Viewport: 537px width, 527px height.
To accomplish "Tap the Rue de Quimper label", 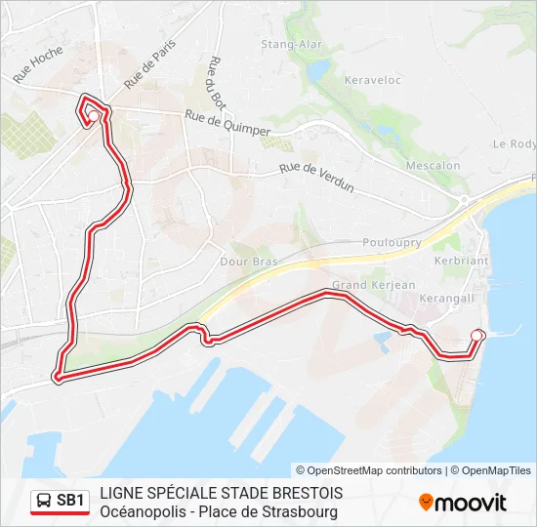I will tap(227, 121).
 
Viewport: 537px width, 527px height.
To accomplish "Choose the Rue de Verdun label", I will tap(316, 176).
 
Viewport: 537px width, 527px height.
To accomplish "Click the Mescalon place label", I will tap(433, 166).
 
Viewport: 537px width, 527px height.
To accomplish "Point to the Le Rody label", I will tap(515, 143).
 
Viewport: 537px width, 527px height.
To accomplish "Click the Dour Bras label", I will tap(250, 263).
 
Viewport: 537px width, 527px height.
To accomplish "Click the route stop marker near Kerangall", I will tap(476, 336).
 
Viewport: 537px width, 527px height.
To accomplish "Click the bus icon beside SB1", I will tap(44, 502).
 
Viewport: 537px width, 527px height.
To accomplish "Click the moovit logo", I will tap(463, 503).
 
